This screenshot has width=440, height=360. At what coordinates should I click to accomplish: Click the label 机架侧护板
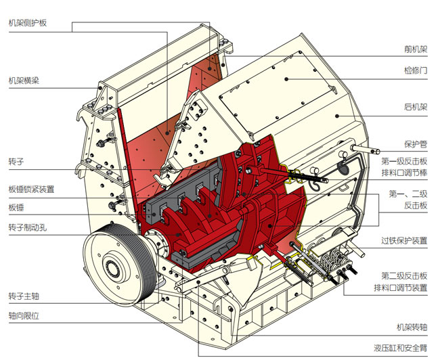point(28,22)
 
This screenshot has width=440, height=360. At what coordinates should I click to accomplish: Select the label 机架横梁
point(24,81)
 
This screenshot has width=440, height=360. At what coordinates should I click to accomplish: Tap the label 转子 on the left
point(16,162)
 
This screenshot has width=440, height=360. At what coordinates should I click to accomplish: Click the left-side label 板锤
point(16,207)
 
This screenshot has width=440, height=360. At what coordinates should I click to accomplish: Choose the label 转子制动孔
point(28,227)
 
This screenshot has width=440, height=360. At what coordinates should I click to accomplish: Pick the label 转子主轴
point(24,296)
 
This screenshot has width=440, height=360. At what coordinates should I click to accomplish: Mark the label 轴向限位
point(24,315)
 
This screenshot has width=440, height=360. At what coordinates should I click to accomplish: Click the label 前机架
point(416,49)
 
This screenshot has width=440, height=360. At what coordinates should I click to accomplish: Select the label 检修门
point(416,70)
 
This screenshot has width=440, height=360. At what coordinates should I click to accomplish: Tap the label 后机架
point(416,107)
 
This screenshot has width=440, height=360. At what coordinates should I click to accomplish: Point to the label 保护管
point(416,143)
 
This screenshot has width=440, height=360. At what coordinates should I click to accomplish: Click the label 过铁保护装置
point(405,240)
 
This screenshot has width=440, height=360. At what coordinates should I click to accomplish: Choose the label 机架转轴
point(412,328)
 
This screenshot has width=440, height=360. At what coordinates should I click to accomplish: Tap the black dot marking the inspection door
point(286,78)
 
